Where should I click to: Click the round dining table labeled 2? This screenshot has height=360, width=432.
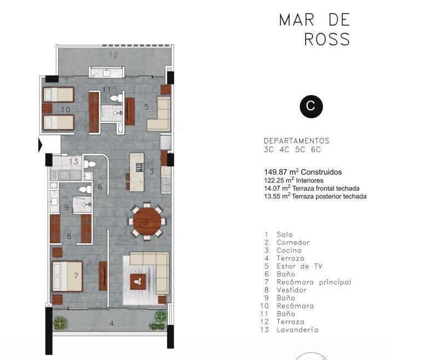tap(147, 221)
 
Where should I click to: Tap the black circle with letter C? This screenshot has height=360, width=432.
tap(311, 106)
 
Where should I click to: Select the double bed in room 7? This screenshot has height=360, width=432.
tap(67, 276)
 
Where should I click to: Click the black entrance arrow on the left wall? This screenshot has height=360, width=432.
tap(40, 145)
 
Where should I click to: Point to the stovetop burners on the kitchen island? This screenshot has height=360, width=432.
tap(140, 167)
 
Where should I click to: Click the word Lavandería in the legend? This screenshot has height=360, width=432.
tap(297, 330)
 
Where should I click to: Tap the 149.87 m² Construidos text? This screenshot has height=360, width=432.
tap(303, 172)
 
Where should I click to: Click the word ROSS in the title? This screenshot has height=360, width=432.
tap(327, 39)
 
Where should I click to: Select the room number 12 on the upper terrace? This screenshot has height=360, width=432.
tap(113, 55)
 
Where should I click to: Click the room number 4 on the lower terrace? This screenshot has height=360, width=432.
tap(112, 323)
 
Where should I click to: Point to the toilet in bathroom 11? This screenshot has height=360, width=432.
tap(116, 98)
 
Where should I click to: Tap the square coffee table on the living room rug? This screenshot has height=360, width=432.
tap(138, 282)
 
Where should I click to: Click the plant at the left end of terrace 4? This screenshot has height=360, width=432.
tap(60, 323)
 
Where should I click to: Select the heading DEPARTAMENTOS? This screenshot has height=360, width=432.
tap(297, 141)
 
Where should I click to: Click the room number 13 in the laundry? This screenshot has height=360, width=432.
tap(74, 161)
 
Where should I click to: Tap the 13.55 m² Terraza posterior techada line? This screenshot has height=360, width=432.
tap(315, 196)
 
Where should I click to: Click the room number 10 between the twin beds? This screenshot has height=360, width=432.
tap(66, 110)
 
